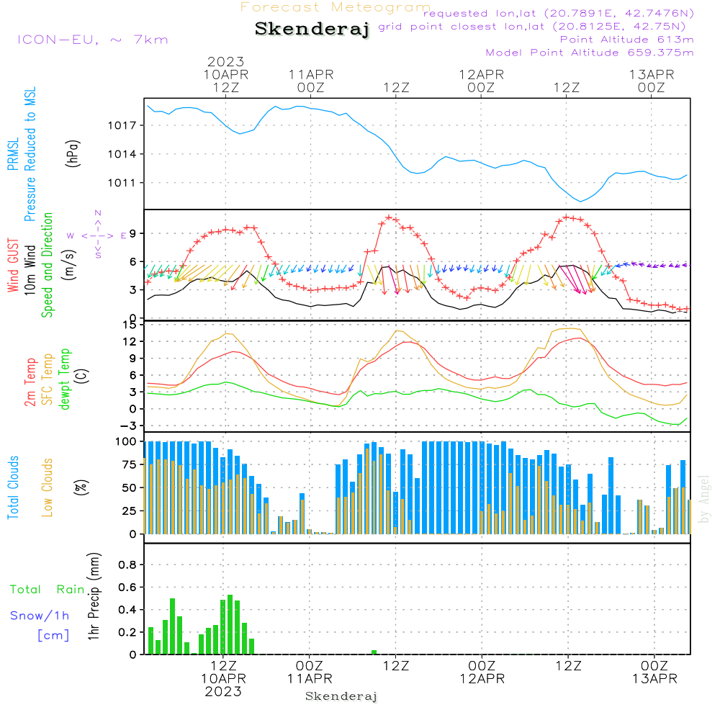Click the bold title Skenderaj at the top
tap(312, 29)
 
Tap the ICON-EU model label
tap(93, 40)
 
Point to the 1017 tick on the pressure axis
tap(122, 125)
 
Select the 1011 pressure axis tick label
tap(122, 183)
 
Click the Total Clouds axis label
tap(13, 487)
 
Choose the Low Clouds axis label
tap(47, 487)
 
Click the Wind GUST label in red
tap(13, 266)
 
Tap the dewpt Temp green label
tap(64, 379)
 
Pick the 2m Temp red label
tap(30, 382)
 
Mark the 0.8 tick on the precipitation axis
tap(127, 564)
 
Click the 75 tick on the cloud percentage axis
tap(129, 464)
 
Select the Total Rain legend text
tap(48, 589)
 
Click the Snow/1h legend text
tap(40, 616)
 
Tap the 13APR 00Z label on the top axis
tap(651, 81)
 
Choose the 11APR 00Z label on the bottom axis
tap(310, 672)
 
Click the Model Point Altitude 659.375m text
tap(590, 53)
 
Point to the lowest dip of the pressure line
tap(580, 201)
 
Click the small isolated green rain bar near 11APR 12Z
tap(374, 652)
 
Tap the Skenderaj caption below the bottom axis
tap(341, 696)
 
